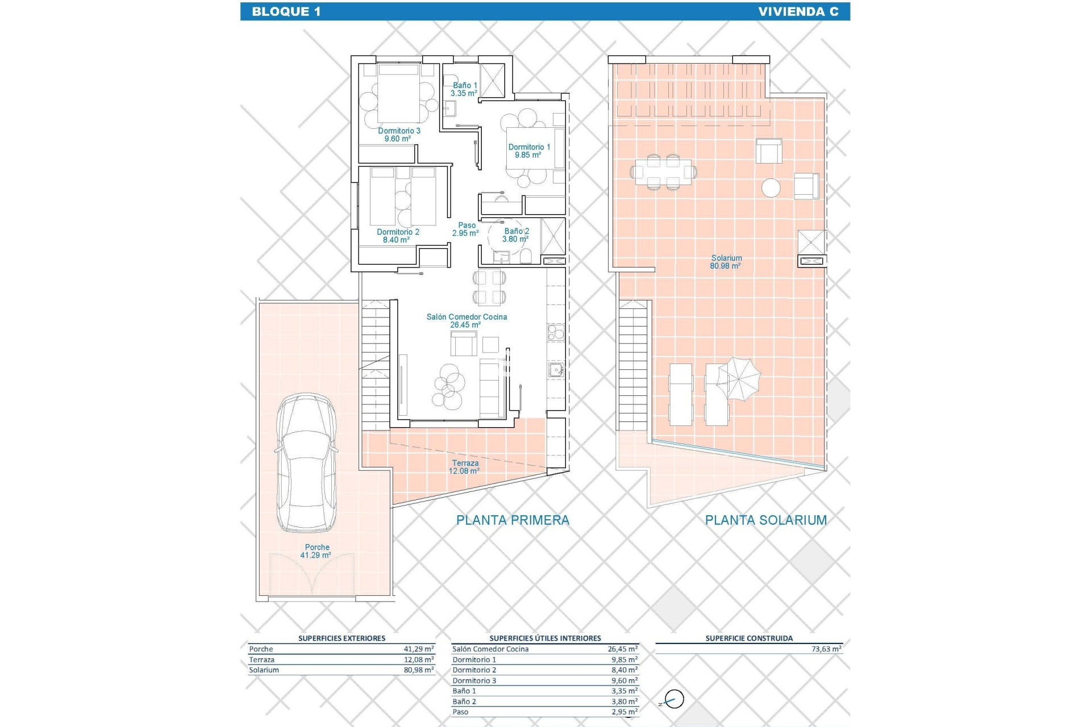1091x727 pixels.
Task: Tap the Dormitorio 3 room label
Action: (399, 135)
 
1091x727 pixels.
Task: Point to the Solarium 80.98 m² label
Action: (726, 262)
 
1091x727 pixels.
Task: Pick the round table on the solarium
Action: (771, 188)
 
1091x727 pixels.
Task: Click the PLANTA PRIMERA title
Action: (513, 520)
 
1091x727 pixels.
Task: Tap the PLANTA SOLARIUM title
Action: (765, 520)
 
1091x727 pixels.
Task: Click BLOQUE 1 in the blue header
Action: (286, 11)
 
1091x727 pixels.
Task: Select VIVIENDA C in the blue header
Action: (798, 11)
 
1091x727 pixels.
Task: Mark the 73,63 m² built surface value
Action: (826, 649)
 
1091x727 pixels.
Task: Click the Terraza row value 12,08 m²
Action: (419, 659)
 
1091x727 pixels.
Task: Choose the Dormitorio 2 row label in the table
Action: (474, 670)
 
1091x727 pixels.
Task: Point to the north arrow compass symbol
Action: (674, 699)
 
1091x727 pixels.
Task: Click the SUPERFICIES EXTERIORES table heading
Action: (342, 638)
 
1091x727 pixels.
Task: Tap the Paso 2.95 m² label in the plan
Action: (466, 229)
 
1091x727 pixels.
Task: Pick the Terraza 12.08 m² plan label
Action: (465, 467)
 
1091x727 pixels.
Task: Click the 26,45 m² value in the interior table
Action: (622, 649)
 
